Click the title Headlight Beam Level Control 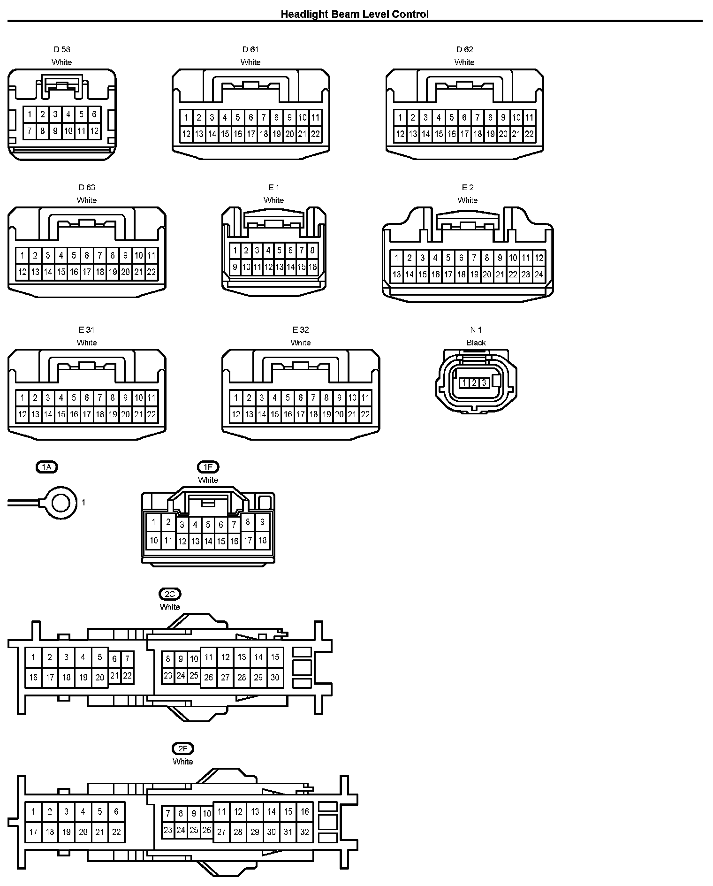(x=354, y=15)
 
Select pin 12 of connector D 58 (x=94, y=131)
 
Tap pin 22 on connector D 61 (x=315, y=134)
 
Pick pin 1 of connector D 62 (x=400, y=118)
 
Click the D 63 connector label (x=87, y=188)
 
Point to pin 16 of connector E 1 (x=312, y=267)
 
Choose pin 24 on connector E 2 (x=539, y=275)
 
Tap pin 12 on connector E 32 (x=236, y=414)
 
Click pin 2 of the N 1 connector (x=474, y=383)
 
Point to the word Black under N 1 (x=476, y=343)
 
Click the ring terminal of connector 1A (x=61, y=503)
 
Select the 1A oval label (x=46, y=467)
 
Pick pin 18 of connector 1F (x=262, y=540)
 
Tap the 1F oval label (x=208, y=467)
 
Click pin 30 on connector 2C (x=275, y=677)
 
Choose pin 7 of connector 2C (x=127, y=659)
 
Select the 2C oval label (x=170, y=594)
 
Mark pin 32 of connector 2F (x=305, y=832)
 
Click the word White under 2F (x=182, y=762)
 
